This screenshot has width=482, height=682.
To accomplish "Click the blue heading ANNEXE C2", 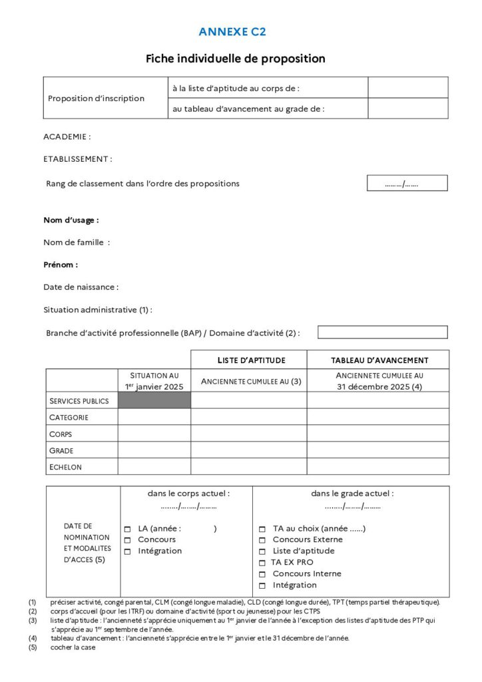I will pos(232,31).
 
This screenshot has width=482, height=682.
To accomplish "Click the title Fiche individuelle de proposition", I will pos(236,59).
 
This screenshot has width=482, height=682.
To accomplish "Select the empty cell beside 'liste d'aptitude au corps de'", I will pos(407,87).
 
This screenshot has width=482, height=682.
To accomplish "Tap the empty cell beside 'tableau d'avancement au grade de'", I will pos(407,109).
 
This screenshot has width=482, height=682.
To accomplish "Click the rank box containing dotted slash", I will pos(407,183).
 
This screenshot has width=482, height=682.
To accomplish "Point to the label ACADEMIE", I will pos(67,137).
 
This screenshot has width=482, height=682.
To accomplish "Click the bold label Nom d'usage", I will pos(71,220).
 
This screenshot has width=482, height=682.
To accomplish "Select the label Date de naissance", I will pos(81,287).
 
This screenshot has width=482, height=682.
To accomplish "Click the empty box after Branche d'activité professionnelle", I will pos(382,332).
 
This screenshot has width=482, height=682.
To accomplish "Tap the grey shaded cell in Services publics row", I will pos(154,400).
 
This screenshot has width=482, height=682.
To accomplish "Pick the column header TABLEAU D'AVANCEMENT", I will pos(379,360).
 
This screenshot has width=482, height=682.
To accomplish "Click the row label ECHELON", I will pos(66,467).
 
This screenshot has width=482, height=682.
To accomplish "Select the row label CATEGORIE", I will pos(69,418).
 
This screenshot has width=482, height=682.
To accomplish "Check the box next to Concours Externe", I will pos(262,540).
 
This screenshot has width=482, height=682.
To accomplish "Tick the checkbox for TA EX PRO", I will pos(262,563).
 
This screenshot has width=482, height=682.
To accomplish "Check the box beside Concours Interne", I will pos(262,574).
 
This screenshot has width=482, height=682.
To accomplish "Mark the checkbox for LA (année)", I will pos(127,529).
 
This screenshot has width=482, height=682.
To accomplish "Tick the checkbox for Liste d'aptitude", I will pos(262,551).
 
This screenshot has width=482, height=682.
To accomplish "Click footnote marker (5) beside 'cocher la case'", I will pos(33,647).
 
